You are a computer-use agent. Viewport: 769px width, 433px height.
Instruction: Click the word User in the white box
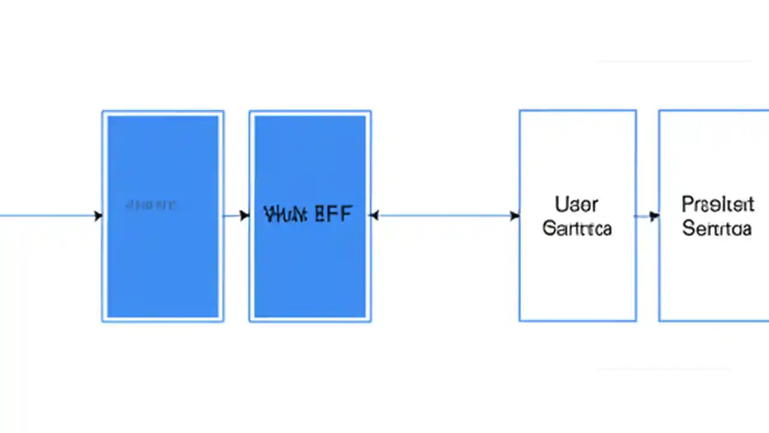coord(576,204)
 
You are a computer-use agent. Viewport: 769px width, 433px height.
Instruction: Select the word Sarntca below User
coord(577,229)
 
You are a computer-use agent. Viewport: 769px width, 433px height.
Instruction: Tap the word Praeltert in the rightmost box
coord(717,204)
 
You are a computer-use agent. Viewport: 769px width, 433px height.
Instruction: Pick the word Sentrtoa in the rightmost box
coord(717,229)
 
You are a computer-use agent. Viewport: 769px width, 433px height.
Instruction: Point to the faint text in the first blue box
coord(150,206)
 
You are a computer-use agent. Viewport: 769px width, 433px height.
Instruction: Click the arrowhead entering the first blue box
coord(98,216)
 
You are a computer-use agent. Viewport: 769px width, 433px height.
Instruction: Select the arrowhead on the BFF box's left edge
coord(245,215)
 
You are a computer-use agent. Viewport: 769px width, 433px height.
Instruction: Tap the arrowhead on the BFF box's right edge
coord(374,215)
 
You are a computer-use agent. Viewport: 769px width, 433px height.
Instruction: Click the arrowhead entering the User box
coord(515,215)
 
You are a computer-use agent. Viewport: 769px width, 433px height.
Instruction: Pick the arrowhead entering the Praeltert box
coord(654,216)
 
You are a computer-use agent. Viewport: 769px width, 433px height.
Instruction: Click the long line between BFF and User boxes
coord(445,215)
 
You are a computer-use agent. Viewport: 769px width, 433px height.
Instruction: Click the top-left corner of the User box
coord(520,111)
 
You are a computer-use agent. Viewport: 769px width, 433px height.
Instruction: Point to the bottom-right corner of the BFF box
coord(370,321)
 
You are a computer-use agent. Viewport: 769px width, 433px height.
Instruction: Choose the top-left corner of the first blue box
coord(103,111)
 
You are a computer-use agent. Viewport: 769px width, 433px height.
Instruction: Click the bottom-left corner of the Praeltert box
coord(659,321)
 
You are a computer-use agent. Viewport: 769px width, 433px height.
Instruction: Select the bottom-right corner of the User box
coord(636,321)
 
